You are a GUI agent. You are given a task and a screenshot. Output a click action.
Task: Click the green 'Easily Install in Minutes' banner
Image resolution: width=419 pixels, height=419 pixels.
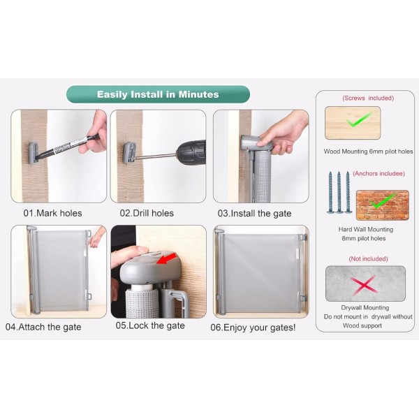(x=158, y=94)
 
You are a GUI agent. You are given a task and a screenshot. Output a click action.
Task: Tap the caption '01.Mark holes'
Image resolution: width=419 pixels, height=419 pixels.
(x=52, y=213)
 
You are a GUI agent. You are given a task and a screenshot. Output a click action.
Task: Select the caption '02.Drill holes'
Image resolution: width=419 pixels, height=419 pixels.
(x=147, y=213)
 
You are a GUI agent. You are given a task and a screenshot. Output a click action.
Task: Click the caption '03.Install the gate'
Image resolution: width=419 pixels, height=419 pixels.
(x=254, y=213)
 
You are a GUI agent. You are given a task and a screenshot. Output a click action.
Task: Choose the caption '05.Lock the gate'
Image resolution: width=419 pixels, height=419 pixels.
(x=150, y=325)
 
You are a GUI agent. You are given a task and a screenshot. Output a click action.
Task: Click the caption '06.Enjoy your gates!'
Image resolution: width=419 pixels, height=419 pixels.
(x=253, y=327)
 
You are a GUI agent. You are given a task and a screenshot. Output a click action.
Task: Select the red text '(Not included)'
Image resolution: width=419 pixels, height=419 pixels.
(x=367, y=259)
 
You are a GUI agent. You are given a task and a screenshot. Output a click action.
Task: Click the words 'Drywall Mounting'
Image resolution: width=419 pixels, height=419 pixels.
(x=367, y=308)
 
